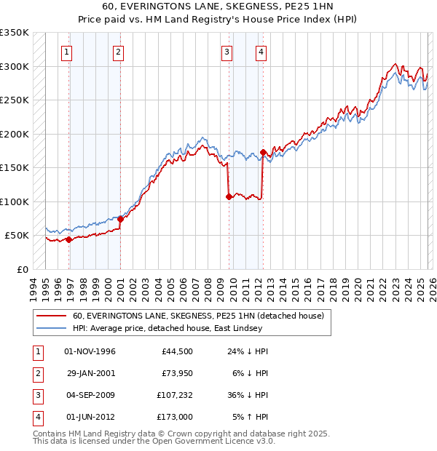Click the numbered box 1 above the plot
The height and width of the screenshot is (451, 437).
point(66,52)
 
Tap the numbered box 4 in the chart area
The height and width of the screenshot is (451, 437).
point(260,52)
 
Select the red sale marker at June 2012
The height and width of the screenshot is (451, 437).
point(263,152)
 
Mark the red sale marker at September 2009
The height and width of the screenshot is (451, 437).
point(229,196)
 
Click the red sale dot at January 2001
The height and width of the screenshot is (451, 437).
point(120,219)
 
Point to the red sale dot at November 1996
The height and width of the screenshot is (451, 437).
point(68,239)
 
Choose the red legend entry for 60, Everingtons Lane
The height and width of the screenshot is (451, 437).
point(202,316)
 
